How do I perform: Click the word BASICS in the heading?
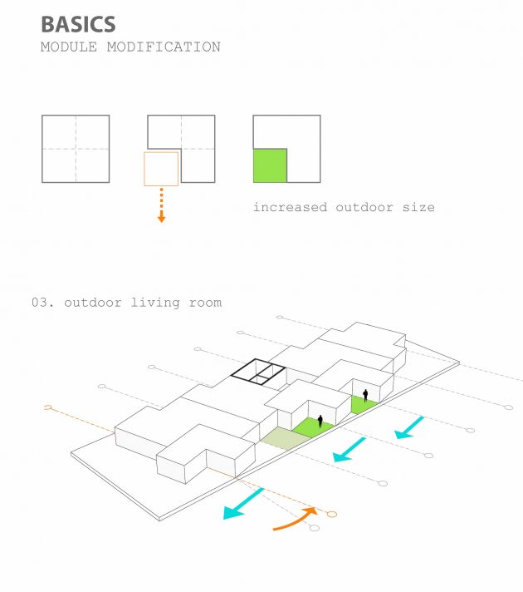click(x=78, y=24)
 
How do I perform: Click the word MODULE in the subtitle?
click(x=69, y=47)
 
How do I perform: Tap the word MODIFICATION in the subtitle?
click(x=164, y=47)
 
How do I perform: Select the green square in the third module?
click(x=270, y=165)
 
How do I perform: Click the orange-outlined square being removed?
click(x=161, y=169)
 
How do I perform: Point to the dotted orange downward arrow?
click(x=161, y=205)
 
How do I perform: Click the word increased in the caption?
click(x=290, y=207)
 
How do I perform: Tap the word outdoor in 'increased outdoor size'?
click(x=364, y=207)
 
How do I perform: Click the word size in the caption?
click(x=418, y=207)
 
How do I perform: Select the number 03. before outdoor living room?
click(x=42, y=303)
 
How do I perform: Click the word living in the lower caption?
click(x=155, y=303)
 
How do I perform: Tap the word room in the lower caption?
click(x=205, y=303)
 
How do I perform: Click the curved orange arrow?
click(x=294, y=519)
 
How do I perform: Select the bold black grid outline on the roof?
click(x=258, y=372)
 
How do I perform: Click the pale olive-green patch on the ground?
click(x=286, y=439)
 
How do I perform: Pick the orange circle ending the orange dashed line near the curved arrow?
click(x=331, y=514)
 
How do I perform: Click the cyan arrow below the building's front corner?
click(x=243, y=504)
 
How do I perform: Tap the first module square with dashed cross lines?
click(x=76, y=149)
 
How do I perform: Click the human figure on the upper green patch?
click(x=365, y=396)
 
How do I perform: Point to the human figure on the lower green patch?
click(x=320, y=422)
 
